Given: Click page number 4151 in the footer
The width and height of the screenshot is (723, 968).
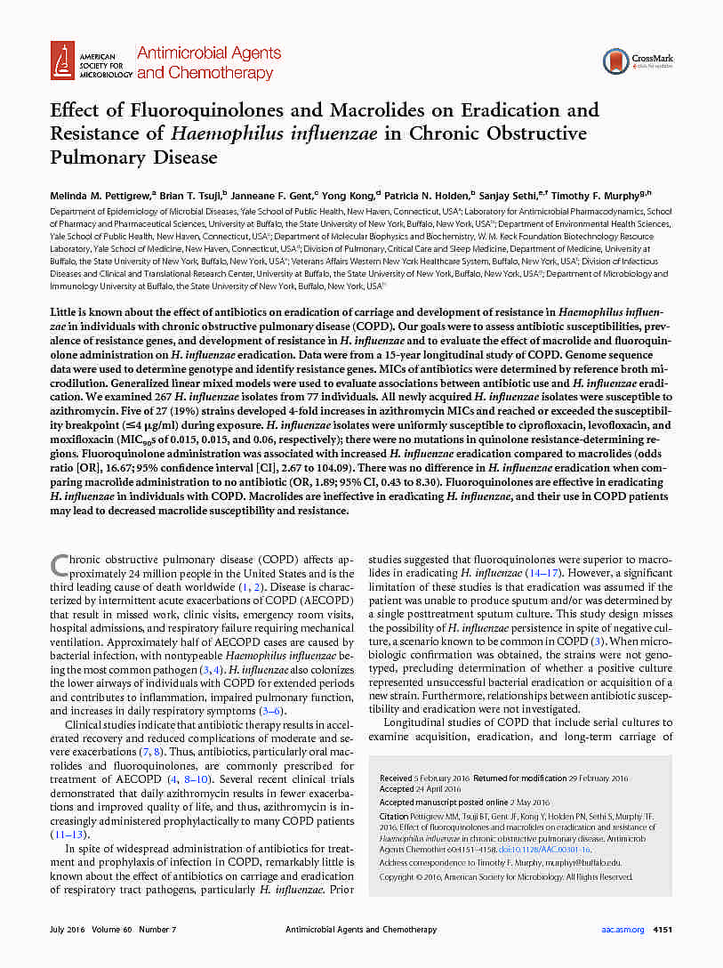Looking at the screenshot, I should (664, 929).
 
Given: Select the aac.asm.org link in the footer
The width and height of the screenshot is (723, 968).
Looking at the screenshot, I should (623, 929).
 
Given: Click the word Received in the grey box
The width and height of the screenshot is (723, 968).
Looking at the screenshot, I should (396, 778).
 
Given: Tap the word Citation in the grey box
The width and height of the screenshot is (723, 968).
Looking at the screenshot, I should (394, 815).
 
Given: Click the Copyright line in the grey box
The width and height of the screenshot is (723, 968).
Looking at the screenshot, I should (505, 876).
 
